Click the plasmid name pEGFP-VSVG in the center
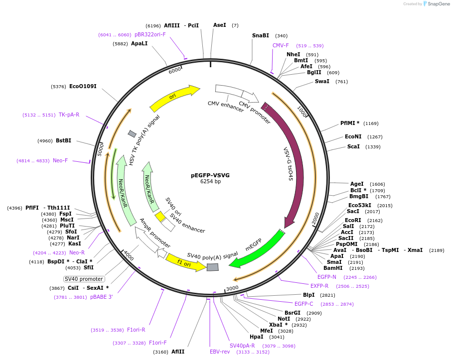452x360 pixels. [x=210, y=175]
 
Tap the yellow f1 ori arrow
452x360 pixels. [x=184, y=262]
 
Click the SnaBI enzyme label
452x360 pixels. [x=260, y=35]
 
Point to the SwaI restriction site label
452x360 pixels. [x=322, y=81]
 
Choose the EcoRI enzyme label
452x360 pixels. [x=353, y=220]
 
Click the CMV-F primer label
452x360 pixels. [x=281, y=45]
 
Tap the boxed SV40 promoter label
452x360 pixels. [x=84, y=279]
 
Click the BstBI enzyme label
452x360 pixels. [x=63, y=140]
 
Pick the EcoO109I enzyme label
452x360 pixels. [x=83, y=86]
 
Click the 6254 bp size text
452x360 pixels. [x=210, y=182]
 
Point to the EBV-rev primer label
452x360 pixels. [x=220, y=352]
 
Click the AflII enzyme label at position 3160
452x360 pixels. [x=178, y=352]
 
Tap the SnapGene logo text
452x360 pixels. [x=436, y=4]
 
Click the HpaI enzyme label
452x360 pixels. [x=256, y=337]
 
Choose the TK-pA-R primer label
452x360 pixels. [x=69, y=115]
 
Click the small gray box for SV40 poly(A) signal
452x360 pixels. [x=213, y=267]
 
